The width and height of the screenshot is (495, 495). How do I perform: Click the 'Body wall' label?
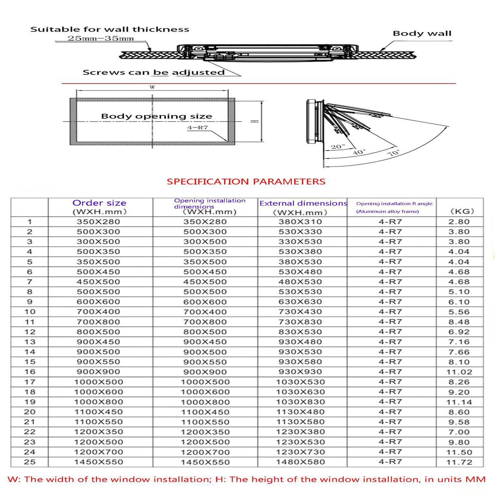(421, 33)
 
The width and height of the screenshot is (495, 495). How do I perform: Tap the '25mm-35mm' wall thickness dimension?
(101, 38)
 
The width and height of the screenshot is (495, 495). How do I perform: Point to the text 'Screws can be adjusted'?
(154, 72)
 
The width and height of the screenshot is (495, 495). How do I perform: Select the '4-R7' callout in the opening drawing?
(197, 128)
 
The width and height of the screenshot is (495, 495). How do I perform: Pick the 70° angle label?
(394, 153)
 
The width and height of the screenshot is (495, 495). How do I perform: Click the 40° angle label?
(359, 152)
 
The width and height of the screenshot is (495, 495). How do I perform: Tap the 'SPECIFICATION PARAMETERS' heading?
(246, 182)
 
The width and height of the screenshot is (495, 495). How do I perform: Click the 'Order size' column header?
(99, 203)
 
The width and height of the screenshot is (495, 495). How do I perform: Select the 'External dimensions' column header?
(303, 204)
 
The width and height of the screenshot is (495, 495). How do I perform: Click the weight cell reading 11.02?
(459, 372)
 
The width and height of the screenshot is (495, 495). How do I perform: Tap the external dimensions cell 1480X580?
(300, 462)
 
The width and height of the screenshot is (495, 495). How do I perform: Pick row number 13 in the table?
(29, 342)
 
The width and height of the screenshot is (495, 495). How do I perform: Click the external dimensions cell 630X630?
(300, 302)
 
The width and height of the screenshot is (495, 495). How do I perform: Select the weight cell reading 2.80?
(459, 222)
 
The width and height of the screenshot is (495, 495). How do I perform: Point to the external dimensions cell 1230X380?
(300, 432)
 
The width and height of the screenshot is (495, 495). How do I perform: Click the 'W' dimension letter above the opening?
(152, 87)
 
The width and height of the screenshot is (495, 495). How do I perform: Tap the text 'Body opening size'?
(157, 116)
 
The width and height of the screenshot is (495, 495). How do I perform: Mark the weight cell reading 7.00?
(459, 432)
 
